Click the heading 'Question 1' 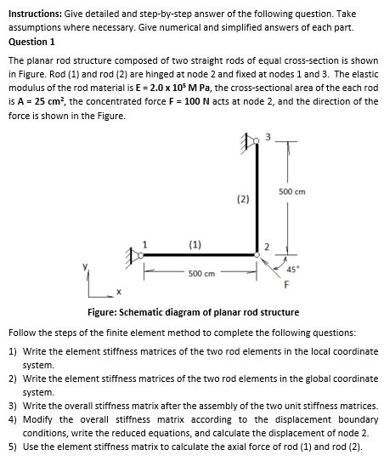(x=31, y=41)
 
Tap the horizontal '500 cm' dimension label (x=200, y=273)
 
